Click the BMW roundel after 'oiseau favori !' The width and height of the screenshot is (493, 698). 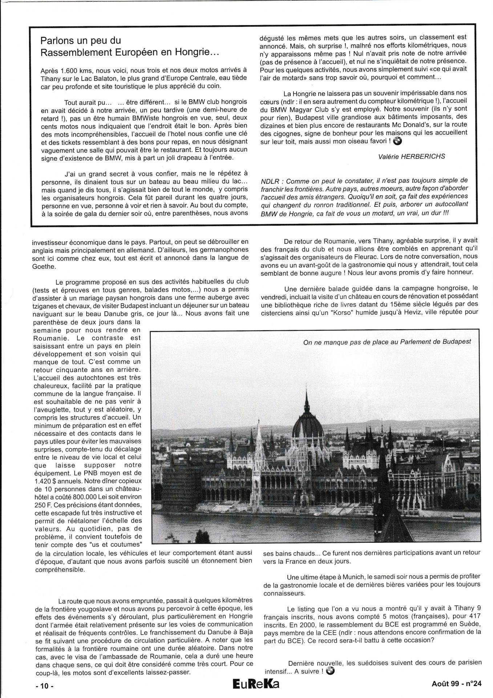(x=397, y=142)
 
